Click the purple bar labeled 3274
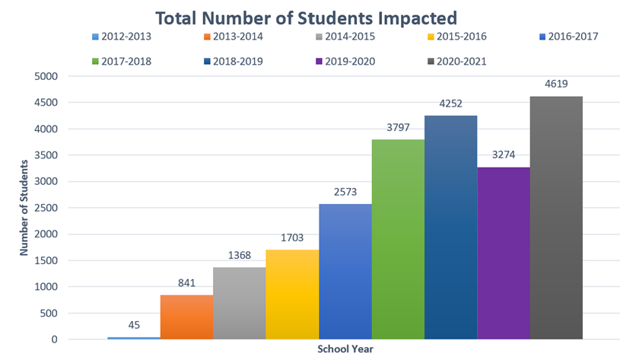pyautogui.click(x=504, y=253)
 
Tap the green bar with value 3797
pyautogui.click(x=398, y=239)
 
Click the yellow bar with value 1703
pyautogui.click(x=292, y=294)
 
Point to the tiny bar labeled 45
pyautogui.click(x=134, y=338)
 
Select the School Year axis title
pyautogui.click(x=345, y=349)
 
